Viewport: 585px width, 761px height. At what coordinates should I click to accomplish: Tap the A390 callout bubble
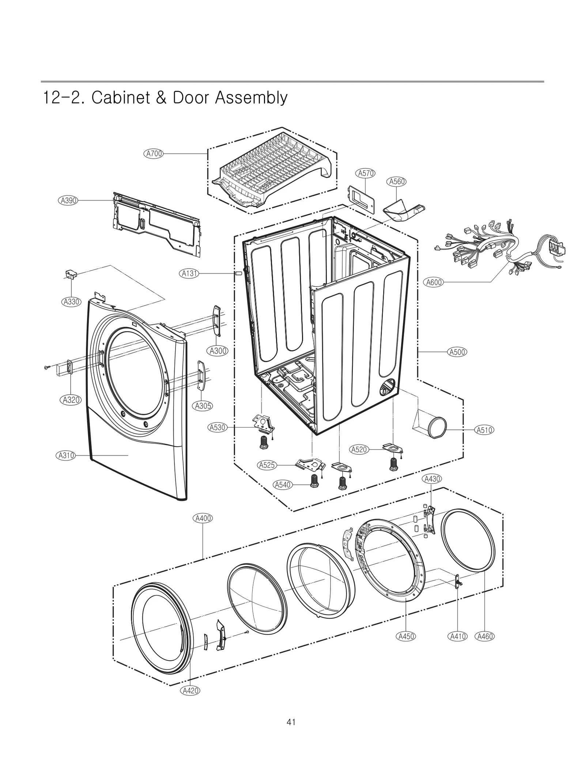coord(68,200)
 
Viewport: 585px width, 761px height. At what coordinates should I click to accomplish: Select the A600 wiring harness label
coord(434,282)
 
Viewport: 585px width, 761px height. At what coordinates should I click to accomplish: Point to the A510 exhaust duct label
coord(484,430)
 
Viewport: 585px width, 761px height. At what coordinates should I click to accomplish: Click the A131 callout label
coord(190,273)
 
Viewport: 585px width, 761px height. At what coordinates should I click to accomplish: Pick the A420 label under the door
coord(190,690)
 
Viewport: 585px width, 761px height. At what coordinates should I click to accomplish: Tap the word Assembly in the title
coord(251,98)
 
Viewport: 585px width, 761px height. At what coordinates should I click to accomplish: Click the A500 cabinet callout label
coord(457,352)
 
